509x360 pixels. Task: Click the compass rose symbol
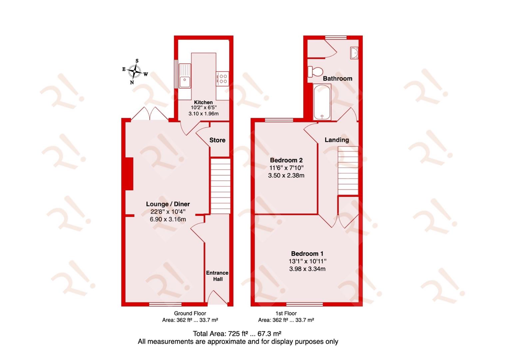135,71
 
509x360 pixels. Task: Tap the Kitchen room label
203,102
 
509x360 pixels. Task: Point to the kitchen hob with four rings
222,78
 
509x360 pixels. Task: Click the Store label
217,140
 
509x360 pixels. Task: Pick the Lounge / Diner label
168,204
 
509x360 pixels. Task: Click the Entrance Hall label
217,276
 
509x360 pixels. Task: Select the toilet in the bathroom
315,72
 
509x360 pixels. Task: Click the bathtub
322,102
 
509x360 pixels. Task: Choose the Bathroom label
337,79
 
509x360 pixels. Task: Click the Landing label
337,140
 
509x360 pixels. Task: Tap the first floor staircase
348,171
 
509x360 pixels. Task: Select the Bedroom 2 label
286,160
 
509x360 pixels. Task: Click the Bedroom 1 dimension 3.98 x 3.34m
307,269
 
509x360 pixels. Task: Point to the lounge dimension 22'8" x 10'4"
168,212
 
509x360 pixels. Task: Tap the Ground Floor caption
190,313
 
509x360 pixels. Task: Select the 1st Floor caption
286,313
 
